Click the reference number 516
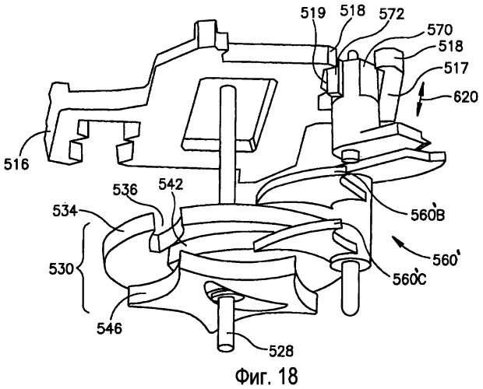[x=16, y=165]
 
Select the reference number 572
[x=391, y=13]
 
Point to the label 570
[x=439, y=30]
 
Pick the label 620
[x=464, y=97]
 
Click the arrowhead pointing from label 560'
[x=397, y=240]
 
